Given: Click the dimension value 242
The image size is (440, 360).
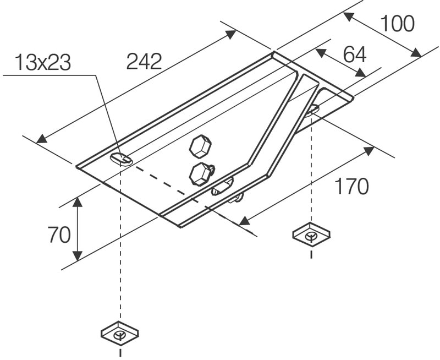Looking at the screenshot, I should [x=144, y=62].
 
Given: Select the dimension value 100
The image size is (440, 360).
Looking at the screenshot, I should [x=397, y=24].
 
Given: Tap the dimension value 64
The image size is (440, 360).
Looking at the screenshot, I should [x=355, y=54].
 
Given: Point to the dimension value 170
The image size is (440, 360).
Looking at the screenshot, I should [x=352, y=187].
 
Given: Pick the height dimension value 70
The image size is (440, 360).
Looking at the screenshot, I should [x=59, y=235].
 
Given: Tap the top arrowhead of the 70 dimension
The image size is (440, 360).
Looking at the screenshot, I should [x=78, y=201].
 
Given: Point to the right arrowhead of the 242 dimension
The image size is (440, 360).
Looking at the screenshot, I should [x=232, y=35].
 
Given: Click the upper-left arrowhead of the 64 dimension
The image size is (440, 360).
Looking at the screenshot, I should [x=320, y=51].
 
